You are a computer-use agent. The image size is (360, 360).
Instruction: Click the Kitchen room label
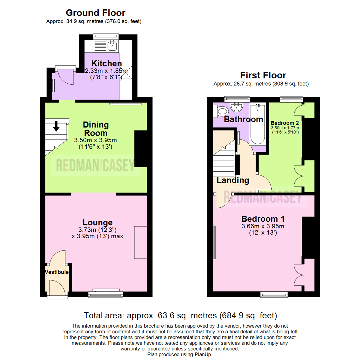click(x=107, y=63)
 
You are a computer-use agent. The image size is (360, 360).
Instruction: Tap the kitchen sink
click(x=113, y=45)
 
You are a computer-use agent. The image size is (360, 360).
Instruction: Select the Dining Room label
click(x=96, y=129)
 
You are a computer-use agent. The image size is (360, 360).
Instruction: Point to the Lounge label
click(x=98, y=222)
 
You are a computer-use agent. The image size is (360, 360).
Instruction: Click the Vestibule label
click(x=57, y=272)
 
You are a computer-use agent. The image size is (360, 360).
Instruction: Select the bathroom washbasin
click(x=237, y=106)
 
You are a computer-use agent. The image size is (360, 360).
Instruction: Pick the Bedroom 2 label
click(x=285, y=122)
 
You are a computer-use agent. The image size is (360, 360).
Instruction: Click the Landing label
click(x=233, y=180)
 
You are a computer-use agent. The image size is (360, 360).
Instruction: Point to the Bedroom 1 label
click(x=263, y=219)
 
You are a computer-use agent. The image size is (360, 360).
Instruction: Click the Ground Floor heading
click(x=95, y=13)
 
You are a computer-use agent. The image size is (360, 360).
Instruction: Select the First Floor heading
click(x=263, y=75)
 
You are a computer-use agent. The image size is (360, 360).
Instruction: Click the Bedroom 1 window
click(x=274, y=294)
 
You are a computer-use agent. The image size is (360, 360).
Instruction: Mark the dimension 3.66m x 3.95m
click(x=263, y=227)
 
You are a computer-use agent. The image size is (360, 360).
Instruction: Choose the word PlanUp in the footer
click(x=203, y=354)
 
